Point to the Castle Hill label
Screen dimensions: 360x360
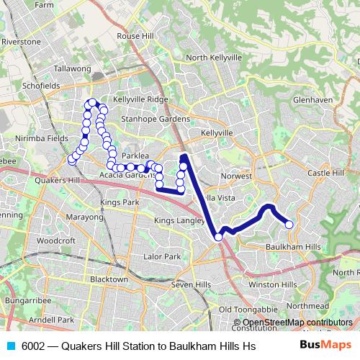[327, 174]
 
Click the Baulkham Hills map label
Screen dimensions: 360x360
[292, 247]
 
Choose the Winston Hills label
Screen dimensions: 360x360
[272, 284]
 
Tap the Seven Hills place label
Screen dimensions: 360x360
[191, 284]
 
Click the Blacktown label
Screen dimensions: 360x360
[109, 279]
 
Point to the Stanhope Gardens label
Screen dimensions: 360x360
[156, 119]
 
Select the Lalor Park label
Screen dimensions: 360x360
[162, 256]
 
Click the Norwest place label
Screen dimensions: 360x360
[238, 176]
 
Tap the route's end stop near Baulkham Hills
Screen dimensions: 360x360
[289, 225]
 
